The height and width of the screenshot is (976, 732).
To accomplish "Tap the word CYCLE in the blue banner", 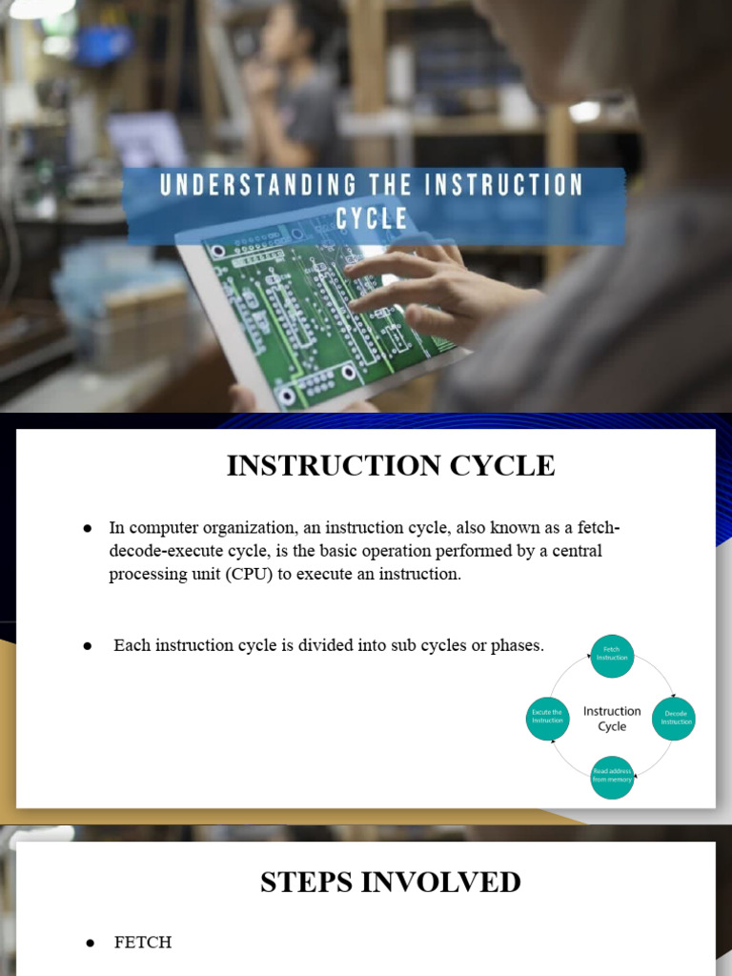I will [x=372, y=219].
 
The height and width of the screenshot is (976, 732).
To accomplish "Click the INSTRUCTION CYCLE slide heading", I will [x=390, y=465].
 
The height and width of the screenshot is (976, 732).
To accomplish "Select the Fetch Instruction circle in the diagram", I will [x=612, y=656].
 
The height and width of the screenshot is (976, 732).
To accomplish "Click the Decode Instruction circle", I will [x=674, y=719].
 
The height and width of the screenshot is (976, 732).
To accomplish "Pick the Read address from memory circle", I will [x=612, y=776].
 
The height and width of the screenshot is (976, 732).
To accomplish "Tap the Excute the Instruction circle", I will [x=548, y=717].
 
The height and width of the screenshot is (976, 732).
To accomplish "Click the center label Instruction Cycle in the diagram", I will [x=612, y=719].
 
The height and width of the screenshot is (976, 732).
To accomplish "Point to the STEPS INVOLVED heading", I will [x=390, y=882].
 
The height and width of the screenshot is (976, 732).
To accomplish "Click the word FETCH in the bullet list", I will [x=143, y=942].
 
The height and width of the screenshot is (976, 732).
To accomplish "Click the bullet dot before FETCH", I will [x=91, y=943].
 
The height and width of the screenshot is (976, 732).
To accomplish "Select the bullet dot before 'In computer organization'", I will [x=88, y=528].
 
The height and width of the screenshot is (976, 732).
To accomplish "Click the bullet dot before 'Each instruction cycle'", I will [x=88, y=646].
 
